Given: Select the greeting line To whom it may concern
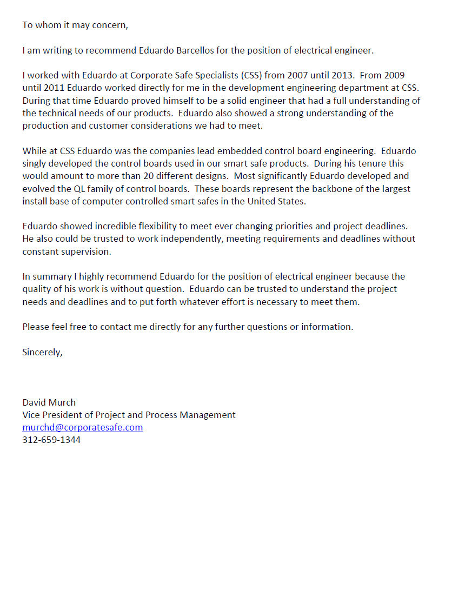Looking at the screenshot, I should coord(75,25).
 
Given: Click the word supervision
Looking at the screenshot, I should coord(87,251).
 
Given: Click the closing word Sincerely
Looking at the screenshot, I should coord(42,352).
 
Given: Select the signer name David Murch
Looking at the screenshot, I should coord(49,402).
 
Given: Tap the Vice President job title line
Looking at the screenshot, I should coord(129,415).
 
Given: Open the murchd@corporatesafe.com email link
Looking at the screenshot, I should coord(82,427).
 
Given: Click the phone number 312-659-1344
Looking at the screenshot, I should coord(51,440).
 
